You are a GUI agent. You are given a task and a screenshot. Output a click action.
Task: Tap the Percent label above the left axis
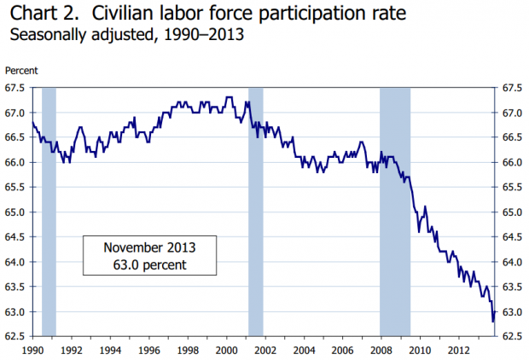pyautogui.click(x=20, y=71)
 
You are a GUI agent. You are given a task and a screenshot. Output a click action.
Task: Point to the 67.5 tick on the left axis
pyautogui.click(x=17, y=88)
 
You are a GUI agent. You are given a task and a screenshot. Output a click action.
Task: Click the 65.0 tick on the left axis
pyautogui.click(x=17, y=212)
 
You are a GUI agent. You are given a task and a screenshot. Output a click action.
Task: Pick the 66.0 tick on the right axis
pyautogui.click(x=511, y=163)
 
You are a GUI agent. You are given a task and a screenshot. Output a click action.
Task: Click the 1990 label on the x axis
pyautogui.click(x=32, y=350)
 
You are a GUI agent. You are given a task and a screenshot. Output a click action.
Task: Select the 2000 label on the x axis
pyautogui.click(x=226, y=350)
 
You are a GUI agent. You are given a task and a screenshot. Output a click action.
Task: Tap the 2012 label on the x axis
pyautogui.click(x=458, y=350)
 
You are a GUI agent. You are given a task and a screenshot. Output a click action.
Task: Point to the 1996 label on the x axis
pyautogui.click(x=149, y=350)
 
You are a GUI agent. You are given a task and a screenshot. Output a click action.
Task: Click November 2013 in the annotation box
pyautogui.click(x=149, y=247)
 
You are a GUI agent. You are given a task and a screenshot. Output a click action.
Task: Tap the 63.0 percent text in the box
pyautogui.click(x=149, y=265)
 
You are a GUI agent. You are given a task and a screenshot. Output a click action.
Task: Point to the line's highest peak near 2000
pyautogui.click(x=229, y=97)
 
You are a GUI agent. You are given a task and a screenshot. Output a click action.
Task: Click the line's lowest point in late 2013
pyautogui.click(x=493, y=322)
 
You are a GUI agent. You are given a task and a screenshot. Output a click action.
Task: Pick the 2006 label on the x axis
pyautogui.click(x=342, y=350)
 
